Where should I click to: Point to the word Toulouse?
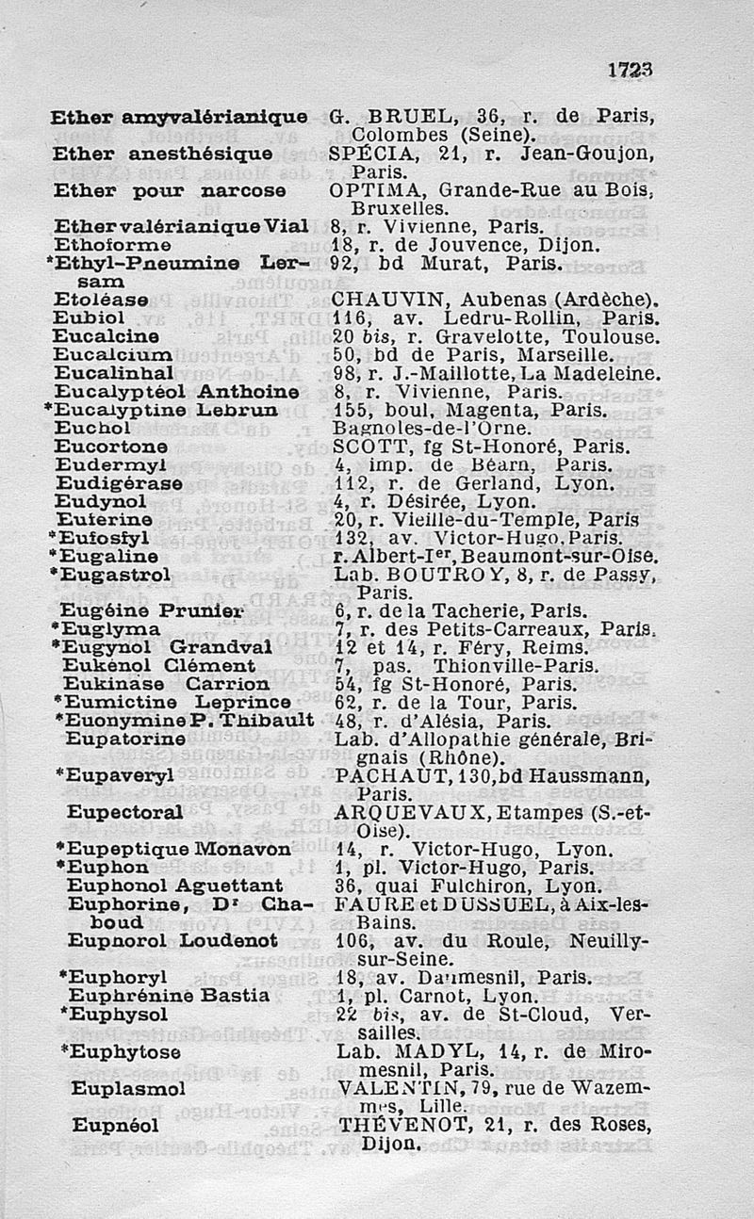(x=616, y=336)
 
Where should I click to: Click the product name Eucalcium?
(x=113, y=355)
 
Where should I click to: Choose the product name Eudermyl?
(x=110, y=466)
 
